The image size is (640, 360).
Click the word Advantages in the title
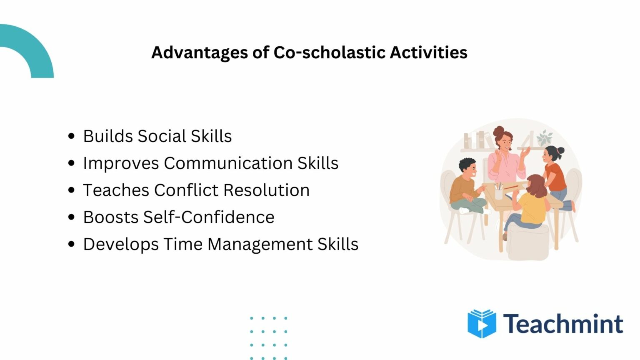199,53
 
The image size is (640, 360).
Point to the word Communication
228,163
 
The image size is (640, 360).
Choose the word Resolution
266,190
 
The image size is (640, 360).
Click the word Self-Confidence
208,217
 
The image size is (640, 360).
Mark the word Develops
121,245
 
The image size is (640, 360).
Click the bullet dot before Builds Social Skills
71,136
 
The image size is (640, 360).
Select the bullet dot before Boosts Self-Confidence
71,217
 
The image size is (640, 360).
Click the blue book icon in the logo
482,323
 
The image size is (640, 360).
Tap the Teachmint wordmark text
563,324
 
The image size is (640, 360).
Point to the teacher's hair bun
498,132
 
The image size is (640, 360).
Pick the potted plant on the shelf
544,138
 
